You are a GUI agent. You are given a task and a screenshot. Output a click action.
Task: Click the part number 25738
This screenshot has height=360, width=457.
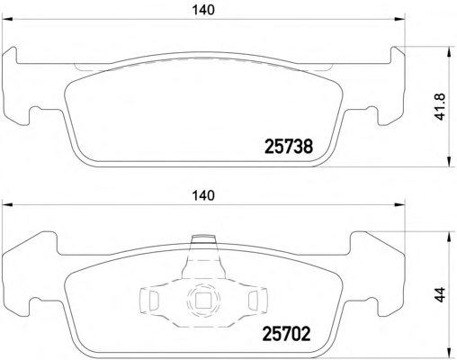(289, 146)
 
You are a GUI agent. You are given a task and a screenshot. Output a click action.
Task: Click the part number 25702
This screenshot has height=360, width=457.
(286, 334)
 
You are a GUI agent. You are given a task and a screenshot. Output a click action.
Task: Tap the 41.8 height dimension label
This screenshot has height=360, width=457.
(441, 107)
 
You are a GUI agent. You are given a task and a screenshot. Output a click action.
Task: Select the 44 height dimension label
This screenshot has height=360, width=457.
(440, 295)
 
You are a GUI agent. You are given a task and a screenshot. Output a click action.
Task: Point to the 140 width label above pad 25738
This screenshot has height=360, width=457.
(203, 10)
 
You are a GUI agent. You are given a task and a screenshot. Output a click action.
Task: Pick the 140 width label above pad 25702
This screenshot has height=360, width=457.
(203, 196)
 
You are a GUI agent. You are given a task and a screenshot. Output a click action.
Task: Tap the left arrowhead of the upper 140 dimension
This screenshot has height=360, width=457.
(7, 20)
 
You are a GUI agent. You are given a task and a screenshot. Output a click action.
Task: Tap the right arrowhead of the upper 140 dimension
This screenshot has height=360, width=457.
(399, 20)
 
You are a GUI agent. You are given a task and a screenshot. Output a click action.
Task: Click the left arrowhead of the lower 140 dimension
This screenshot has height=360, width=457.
(7, 205)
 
